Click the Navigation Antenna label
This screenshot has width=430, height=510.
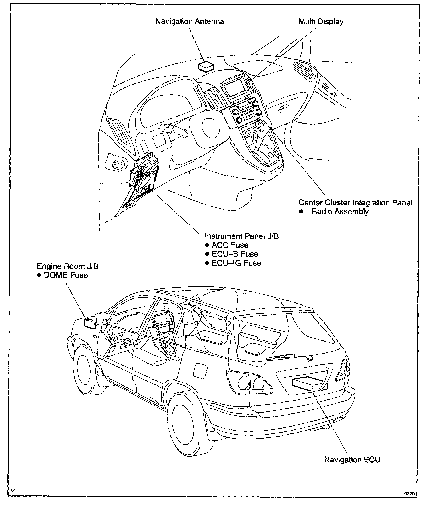[190, 21]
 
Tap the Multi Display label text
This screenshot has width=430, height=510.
[321, 21]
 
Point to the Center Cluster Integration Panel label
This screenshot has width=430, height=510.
[355, 203]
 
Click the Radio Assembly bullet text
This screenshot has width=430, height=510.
[340, 212]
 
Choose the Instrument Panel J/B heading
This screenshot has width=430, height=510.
[242, 236]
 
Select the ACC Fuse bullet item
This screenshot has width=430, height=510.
[230, 245]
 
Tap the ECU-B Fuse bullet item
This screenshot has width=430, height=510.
[234, 254]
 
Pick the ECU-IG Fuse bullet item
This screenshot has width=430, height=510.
[236, 263]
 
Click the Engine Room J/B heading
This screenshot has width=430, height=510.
[68, 266]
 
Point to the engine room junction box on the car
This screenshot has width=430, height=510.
[90, 324]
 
